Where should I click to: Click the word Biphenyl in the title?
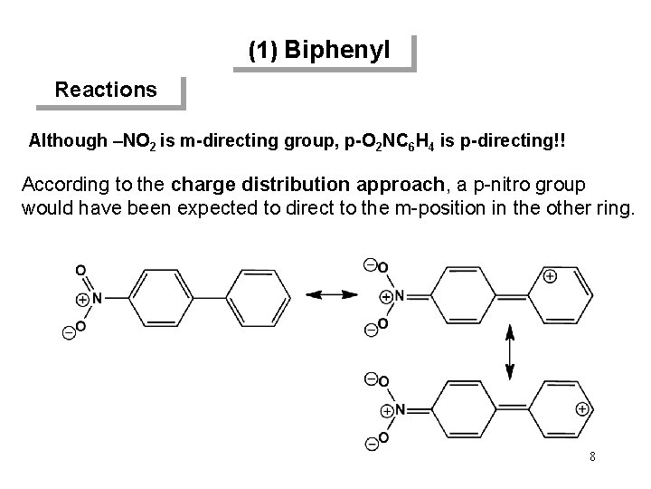[337, 51]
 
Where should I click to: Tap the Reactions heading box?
[106, 90]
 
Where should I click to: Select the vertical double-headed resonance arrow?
[511, 353]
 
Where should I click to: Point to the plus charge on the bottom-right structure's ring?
[582, 408]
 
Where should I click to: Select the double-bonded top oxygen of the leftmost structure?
[80, 269]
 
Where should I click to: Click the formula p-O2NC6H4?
[400, 142]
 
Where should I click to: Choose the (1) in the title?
[263, 52]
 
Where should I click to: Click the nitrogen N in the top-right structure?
[398, 295]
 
